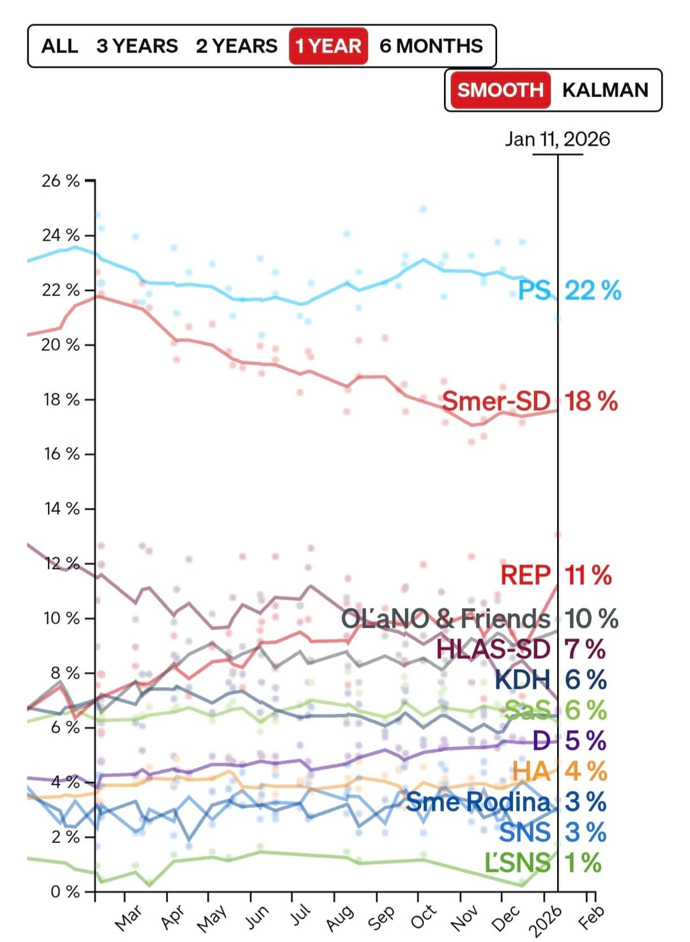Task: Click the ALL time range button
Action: pyautogui.click(x=59, y=46)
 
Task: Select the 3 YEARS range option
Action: pyautogui.click(x=137, y=46)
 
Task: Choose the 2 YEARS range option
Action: pyautogui.click(x=236, y=46)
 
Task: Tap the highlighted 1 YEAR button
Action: pyautogui.click(x=328, y=46)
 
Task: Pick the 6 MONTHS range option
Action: pyautogui.click(x=431, y=46)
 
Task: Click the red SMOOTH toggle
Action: pyautogui.click(x=500, y=90)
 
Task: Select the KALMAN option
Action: pyautogui.click(x=605, y=90)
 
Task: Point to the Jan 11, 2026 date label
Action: pyautogui.click(x=557, y=139)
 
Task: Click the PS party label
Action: pyautogui.click(x=533, y=291)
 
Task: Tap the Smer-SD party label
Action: pyautogui.click(x=496, y=401)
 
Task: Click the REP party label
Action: pyautogui.click(x=525, y=575)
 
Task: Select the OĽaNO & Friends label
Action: pyautogui.click(x=445, y=618)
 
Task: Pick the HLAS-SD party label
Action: pyautogui.click(x=493, y=649)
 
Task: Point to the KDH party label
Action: pyautogui.click(x=522, y=680)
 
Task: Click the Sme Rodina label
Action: pyautogui.click(x=478, y=801)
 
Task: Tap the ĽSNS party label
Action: pyautogui.click(x=517, y=863)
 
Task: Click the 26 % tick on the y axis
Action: pyautogui.click(x=61, y=181)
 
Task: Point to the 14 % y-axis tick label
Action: pyautogui.click(x=61, y=509)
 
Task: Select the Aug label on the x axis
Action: pyautogui.click(x=340, y=917)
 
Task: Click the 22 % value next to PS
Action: pyautogui.click(x=593, y=291)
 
